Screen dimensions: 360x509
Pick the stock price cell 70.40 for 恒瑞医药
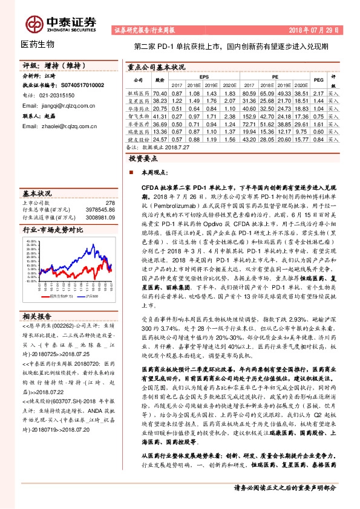point(160,93)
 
